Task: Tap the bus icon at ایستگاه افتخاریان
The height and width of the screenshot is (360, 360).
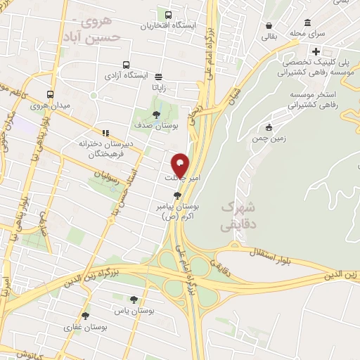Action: tap(168, 14)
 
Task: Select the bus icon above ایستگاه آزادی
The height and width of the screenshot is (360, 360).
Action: tap(126, 63)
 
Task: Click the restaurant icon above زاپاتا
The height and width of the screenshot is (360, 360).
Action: tap(159, 77)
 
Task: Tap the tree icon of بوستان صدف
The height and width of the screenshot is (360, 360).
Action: tap(156, 113)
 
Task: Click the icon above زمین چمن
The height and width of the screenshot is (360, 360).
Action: tap(269, 127)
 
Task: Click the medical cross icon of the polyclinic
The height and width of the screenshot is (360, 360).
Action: tap(317, 51)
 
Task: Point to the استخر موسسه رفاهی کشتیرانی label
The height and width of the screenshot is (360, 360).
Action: tap(310, 99)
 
